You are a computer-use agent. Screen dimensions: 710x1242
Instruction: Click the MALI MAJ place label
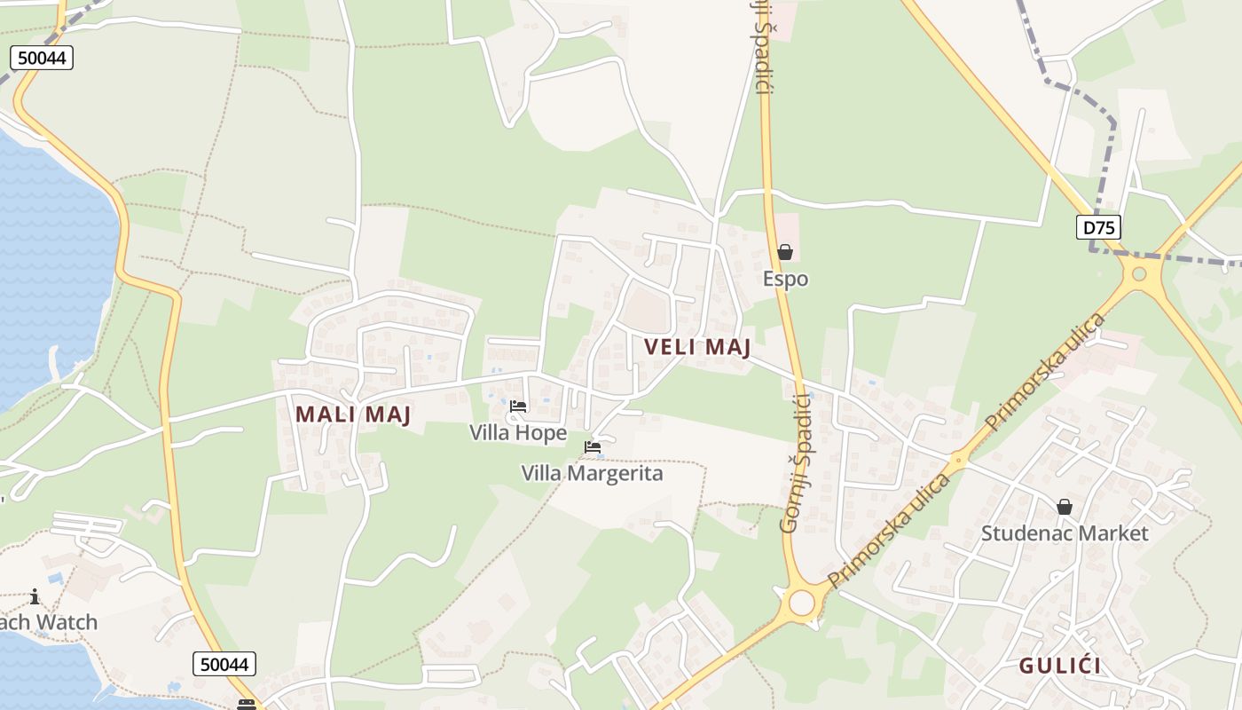click(x=353, y=414)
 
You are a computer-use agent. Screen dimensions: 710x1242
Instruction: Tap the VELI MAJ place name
click(x=697, y=347)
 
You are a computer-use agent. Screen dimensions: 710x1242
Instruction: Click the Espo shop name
click(x=785, y=279)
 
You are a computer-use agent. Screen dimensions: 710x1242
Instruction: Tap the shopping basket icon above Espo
click(x=785, y=253)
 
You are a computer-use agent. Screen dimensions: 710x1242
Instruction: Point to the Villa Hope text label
click(x=518, y=433)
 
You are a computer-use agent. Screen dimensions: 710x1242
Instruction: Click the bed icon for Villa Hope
click(x=518, y=406)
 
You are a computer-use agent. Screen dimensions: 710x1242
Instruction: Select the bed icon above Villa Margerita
click(x=593, y=447)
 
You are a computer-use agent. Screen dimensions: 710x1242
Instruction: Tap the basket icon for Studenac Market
click(x=1064, y=507)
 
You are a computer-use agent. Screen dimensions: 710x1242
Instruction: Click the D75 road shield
click(x=1098, y=227)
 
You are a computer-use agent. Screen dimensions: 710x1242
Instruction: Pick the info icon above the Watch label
click(x=35, y=596)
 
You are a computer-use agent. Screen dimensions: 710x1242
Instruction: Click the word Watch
click(x=67, y=622)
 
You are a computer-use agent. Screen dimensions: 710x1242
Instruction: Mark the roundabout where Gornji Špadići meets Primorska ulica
click(x=801, y=603)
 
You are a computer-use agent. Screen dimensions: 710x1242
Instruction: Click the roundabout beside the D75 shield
click(x=1141, y=274)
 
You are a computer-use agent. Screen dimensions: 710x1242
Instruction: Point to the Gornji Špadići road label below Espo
click(x=795, y=463)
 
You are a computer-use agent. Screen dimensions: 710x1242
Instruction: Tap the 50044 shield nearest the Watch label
click(x=224, y=663)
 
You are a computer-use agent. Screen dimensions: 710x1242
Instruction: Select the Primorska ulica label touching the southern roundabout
click(x=890, y=531)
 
